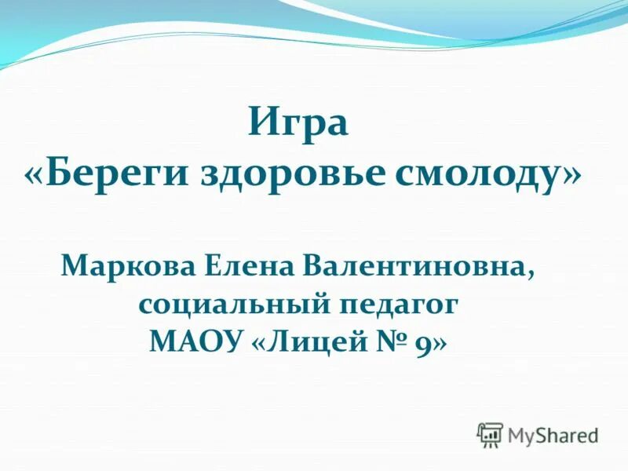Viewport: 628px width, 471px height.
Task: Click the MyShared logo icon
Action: (x=490, y=434)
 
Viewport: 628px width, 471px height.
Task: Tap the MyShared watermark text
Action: (x=553, y=434)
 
